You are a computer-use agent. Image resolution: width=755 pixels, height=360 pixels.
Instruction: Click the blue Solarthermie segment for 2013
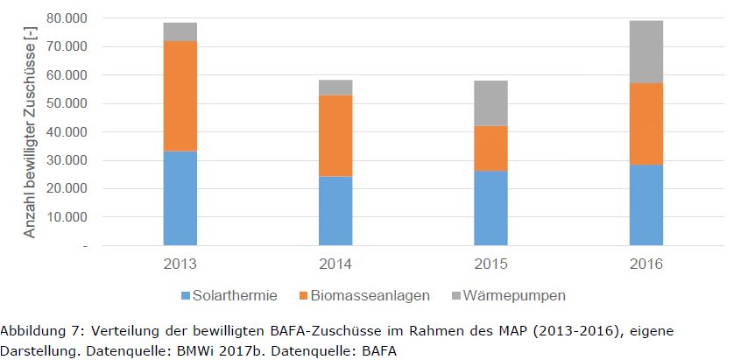(180, 198)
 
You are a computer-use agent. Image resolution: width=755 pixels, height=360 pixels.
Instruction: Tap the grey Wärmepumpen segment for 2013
(180, 32)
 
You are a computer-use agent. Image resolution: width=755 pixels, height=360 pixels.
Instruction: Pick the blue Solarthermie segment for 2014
(335, 211)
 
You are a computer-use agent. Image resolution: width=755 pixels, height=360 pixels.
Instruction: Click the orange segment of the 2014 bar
(335, 136)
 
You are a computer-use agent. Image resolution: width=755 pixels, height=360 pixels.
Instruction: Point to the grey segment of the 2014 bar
(335, 88)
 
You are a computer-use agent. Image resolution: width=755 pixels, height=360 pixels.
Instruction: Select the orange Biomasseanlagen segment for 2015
(490, 148)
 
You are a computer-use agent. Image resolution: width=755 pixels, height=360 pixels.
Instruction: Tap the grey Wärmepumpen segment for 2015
(490, 103)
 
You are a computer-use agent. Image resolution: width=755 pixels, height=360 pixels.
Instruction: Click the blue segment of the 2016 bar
(646, 205)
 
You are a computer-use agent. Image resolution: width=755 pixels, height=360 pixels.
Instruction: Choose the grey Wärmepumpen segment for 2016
(646, 52)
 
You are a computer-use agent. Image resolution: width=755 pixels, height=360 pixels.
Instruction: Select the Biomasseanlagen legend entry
(367, 295)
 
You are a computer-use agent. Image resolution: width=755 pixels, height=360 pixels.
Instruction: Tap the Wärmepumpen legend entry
(508, 295)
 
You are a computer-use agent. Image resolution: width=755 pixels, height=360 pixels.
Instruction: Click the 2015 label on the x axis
(490, 264)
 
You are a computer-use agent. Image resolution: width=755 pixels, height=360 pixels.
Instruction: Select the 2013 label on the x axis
(180, 264)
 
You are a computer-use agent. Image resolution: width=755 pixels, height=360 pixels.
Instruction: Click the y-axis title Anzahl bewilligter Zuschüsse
(30, 131)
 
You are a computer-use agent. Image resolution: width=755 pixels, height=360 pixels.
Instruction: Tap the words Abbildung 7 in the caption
(40, 331)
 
